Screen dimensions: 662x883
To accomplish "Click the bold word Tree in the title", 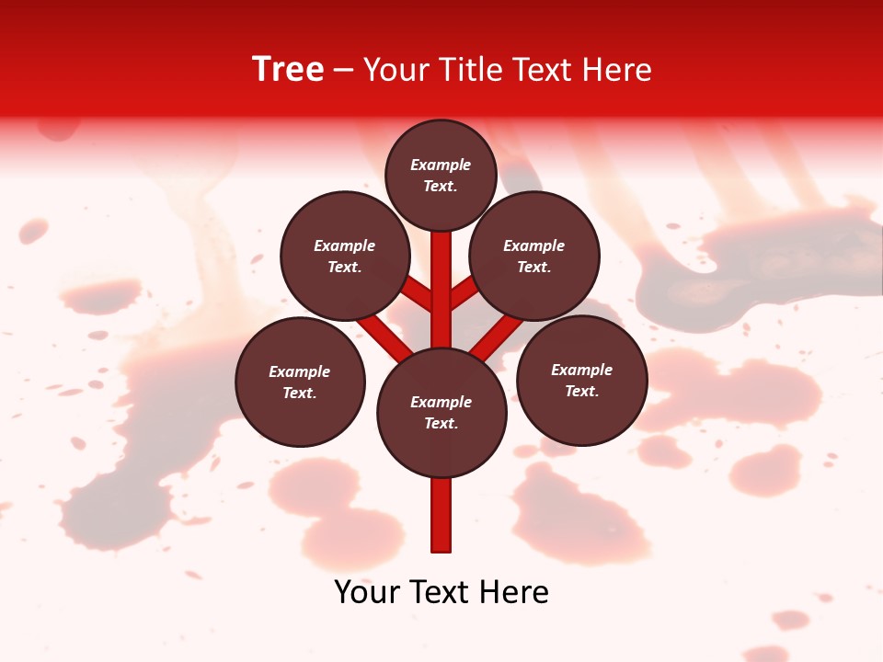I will pyautogui.click(x=288, y=70).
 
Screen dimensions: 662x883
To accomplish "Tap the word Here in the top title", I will pyautogui.click(x=619, y=70).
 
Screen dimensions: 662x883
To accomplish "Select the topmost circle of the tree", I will pyautogui.click(x=441, y=175).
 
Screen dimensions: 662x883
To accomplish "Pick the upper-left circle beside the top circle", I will pyautogui.click(x=345, y=256).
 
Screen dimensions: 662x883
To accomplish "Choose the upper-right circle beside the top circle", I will pyautogui.click(x=534, y=256).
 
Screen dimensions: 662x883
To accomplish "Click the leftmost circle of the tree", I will pyautogui.click(x=300, y=382).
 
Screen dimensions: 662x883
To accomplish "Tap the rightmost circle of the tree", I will pyautogui.click(x=581, y=380).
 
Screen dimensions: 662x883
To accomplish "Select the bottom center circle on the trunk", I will pyautogui.click(x=441, y=413).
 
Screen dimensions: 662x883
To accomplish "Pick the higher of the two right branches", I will pyautogui.click(x=464, y=292).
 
